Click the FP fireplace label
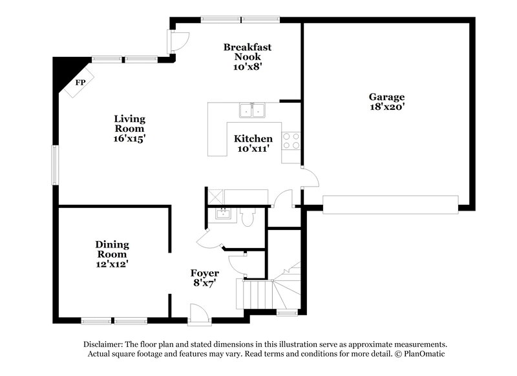coord(80,83)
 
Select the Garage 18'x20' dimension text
coord(388,109)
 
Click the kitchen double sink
coord(252,111)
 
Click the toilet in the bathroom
coord(247,218)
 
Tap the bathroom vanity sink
coord(222,214)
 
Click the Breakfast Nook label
coord(247,52)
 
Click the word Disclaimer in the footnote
coord(105,345)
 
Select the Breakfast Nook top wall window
coord(240,19)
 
